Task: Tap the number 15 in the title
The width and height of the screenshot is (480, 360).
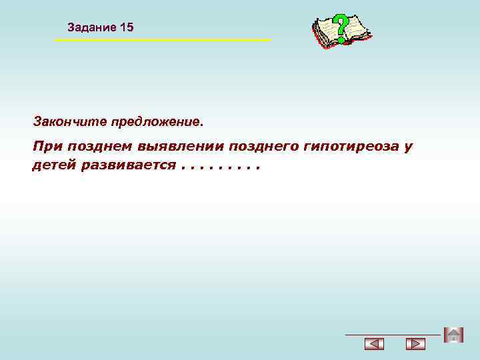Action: tap(127, 27)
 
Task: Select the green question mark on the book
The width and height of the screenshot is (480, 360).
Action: tap(341, 28)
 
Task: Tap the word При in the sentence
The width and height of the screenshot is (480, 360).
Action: tap(46, 147)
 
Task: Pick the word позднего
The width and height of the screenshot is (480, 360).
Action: tap(263, 147)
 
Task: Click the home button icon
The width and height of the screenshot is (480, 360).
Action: tap(453, 335)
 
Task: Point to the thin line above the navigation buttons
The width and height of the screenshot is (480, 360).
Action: tap(393, 334)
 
